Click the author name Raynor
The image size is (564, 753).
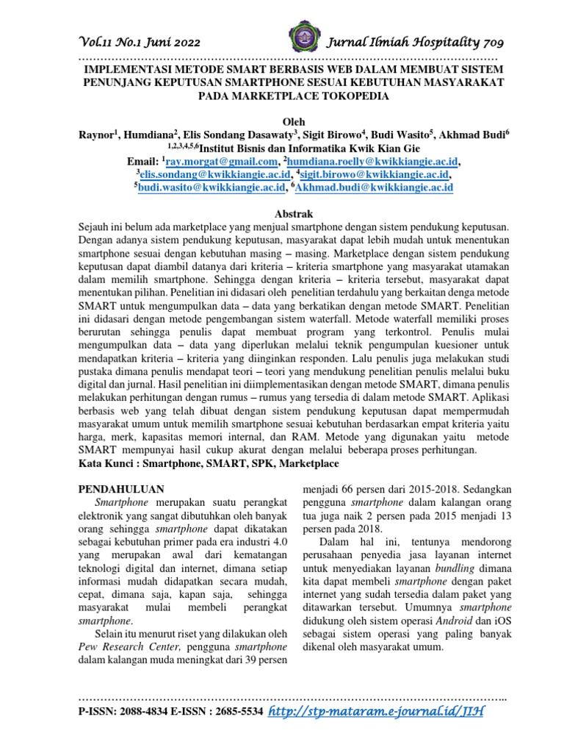[97, 135]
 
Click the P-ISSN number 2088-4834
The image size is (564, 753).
[148, 713]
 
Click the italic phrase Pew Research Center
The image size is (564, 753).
[129, 648]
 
